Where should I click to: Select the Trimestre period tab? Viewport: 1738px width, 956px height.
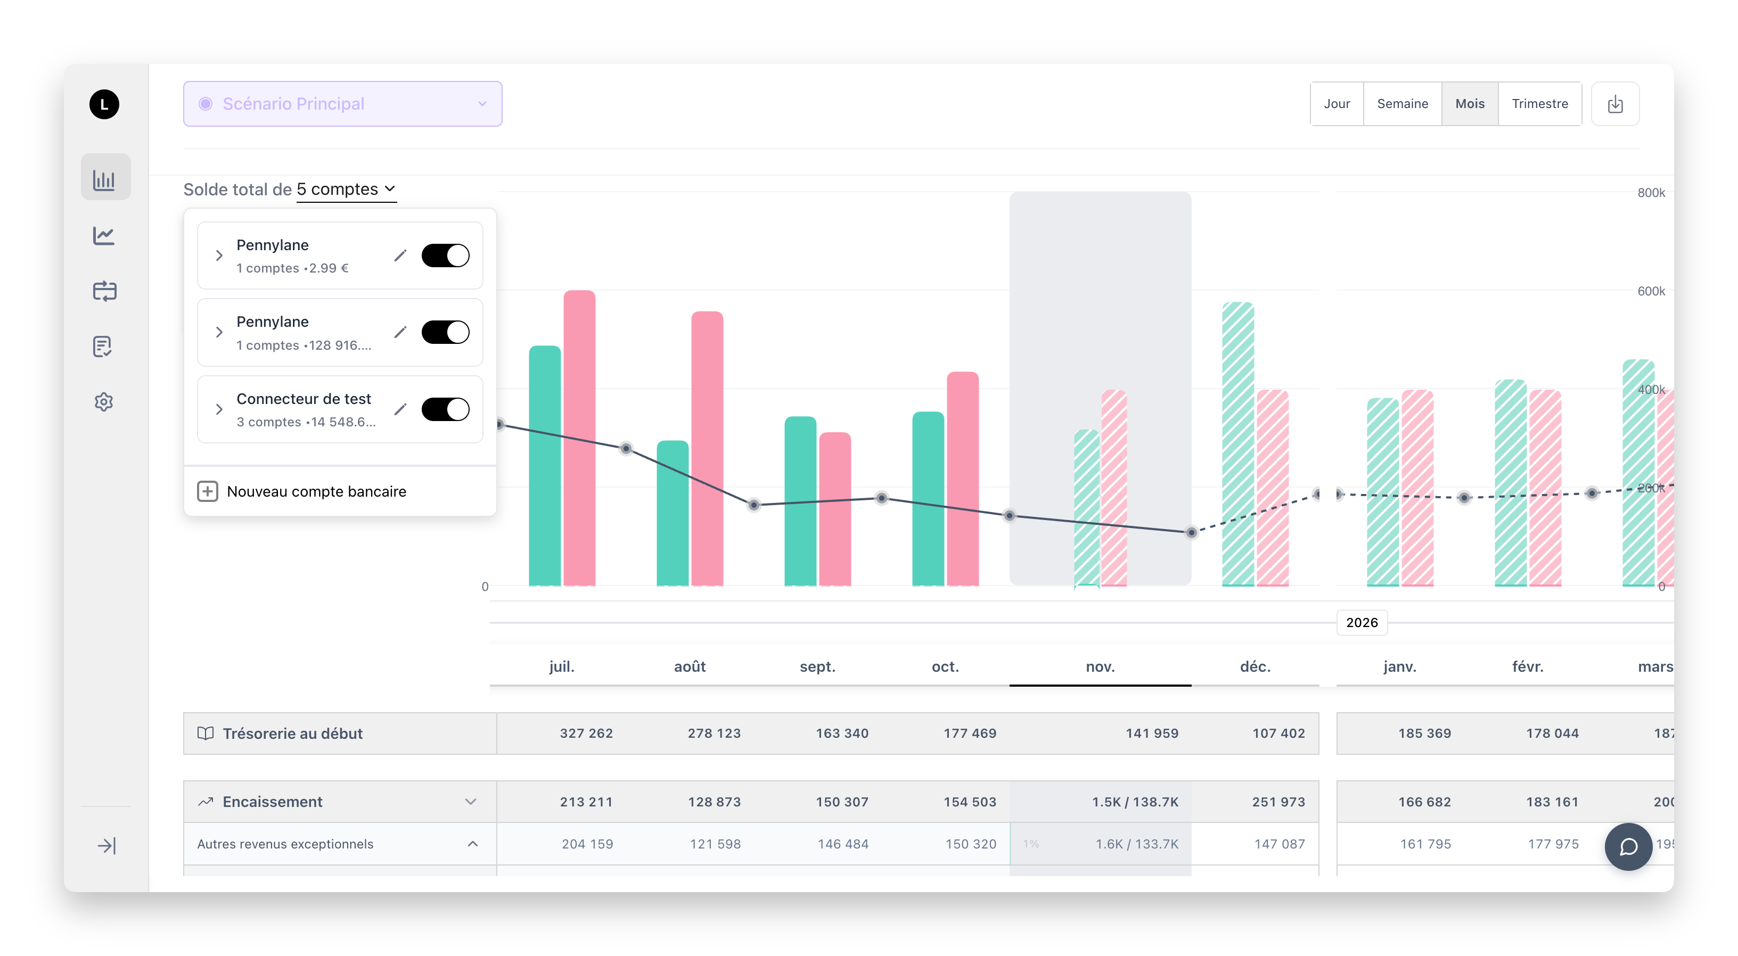[1539, 104]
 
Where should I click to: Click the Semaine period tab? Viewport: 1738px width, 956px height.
[1402, 104]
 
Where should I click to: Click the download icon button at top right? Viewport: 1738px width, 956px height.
[1614, 104]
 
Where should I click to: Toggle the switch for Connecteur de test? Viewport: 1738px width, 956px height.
[445, 409]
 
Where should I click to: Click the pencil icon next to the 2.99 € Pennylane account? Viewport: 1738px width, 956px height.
[400, 255]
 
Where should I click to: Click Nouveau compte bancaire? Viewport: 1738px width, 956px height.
[316, 491]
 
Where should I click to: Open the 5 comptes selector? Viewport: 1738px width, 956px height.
[346, 189]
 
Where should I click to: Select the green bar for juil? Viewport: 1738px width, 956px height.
[545, 466]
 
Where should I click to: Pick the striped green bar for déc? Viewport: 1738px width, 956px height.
[1237, 446]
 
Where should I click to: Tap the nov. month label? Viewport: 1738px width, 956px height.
[1100, 666]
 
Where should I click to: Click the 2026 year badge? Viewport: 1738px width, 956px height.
[1362, 623]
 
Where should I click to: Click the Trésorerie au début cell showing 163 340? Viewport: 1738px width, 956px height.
[841, 734]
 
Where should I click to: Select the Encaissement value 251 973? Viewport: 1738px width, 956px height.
[1278, 802]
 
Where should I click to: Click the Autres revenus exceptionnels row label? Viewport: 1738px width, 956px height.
[285, 844]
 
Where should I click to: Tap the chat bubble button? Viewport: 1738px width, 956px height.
[1628, 846]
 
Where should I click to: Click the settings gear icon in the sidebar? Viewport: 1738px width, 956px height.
[104, 402]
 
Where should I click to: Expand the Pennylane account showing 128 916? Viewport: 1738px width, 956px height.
[219, 332]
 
